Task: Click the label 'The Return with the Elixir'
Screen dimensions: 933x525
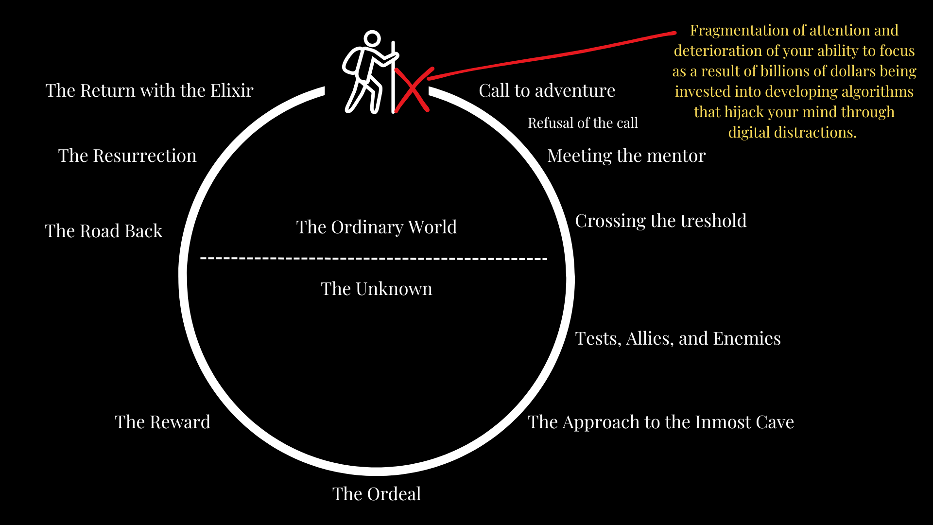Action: [149, 91]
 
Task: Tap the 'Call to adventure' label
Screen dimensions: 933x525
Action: [547, 91]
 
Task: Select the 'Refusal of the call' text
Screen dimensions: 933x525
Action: [583, 123]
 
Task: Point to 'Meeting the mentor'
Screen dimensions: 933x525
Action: [626, 156]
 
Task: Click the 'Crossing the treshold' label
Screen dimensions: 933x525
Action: [660, 221]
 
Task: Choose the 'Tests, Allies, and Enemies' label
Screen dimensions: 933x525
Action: [677, 339]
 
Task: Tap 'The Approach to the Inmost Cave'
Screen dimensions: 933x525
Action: [660, 422]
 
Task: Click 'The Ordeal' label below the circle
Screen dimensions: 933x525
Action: [377, 494]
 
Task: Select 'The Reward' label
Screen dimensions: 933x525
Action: [162, 422]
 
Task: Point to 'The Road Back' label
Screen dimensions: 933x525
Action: [104, 231]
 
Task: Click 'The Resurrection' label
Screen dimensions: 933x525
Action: [127, 156]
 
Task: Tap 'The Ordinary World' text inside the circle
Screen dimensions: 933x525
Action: [377, 227]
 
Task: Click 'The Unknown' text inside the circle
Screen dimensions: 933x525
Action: [377, 289]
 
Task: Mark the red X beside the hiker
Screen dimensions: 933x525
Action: [413, 90]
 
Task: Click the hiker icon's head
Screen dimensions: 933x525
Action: [372, 39]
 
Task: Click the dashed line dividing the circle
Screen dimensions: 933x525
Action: [374, 259]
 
